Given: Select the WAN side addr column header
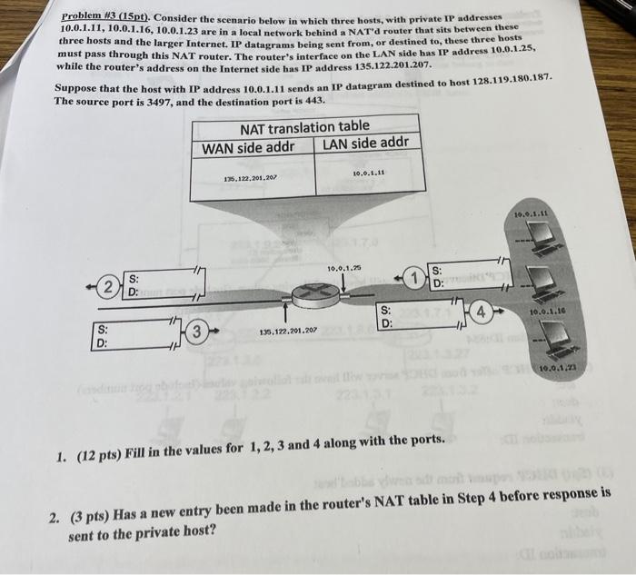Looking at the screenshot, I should [249, 148].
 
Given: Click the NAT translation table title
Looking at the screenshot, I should [304, 127].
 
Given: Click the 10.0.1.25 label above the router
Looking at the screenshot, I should [345, 269].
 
